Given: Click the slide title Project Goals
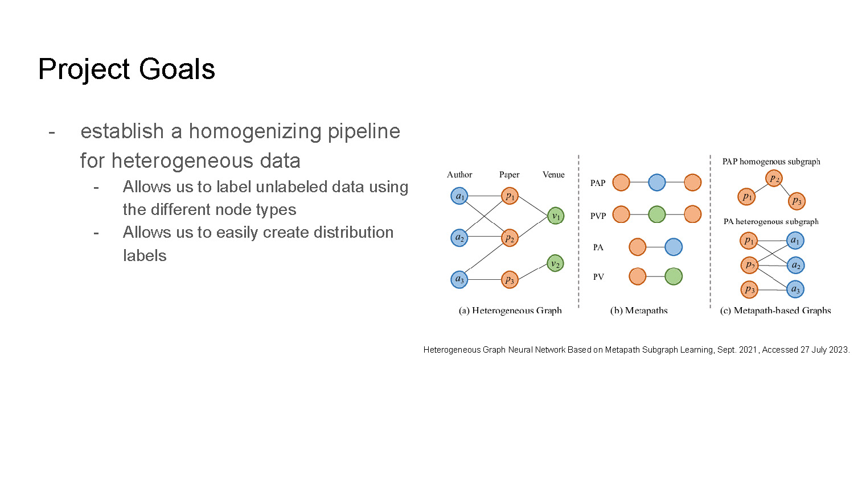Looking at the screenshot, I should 126,69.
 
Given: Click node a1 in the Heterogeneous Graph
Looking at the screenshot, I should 459,196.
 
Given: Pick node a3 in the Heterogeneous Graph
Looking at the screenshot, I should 459,279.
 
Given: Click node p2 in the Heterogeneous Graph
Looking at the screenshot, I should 510,238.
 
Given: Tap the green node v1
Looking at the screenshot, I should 556,216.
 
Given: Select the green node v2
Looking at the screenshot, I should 555,263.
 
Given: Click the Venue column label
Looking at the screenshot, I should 553,175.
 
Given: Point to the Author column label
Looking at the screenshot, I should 459,175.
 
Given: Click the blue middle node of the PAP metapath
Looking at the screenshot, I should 656,183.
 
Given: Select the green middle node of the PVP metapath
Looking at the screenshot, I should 656,214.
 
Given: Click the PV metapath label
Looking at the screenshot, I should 598,277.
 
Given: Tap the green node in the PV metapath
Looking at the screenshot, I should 674,276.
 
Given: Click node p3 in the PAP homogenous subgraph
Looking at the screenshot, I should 796,201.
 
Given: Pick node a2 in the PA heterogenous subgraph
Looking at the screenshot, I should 795,265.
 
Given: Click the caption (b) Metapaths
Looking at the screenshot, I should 639,311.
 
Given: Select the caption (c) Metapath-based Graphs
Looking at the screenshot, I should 775,311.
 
